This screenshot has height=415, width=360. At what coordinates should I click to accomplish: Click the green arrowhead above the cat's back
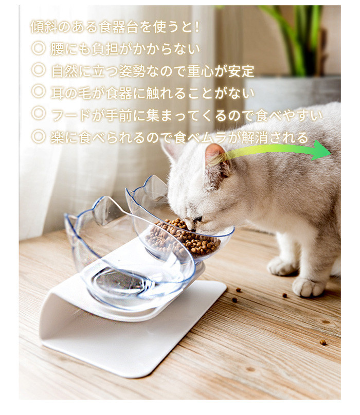coord(321,151)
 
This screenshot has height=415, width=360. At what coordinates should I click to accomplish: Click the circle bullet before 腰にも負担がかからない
coord(39,48)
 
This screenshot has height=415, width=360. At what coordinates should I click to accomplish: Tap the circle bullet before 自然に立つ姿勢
coord(39,70)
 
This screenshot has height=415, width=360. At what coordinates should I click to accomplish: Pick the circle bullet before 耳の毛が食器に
coord(39,92)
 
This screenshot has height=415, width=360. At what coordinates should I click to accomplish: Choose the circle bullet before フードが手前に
coord(39,113)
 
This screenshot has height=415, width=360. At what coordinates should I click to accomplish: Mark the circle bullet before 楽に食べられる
coord(39,136)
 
